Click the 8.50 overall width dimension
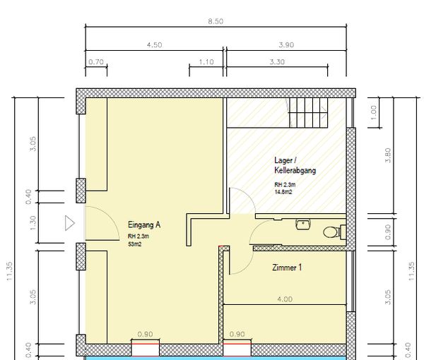[216, 21]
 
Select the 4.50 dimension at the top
[154, 45]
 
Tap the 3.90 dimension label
[286, 45]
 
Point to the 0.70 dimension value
[96, 62]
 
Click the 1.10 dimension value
[206, 62]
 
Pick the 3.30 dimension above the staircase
[277, 62]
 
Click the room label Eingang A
[144, 224]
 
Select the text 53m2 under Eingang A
[135, 244]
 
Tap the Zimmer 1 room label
[287, 268]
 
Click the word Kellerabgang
[295, 170]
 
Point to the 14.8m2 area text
[283, 192]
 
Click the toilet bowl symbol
[331, 232]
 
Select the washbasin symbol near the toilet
[303, 224]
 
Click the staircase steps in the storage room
[308, 113]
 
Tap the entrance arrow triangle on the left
[70, 223]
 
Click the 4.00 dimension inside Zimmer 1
[285, 299]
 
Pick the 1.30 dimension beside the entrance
[33, 223]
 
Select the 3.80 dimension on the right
[388, 155]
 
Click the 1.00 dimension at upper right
[373, 113]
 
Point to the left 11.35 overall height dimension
[9, 271]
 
